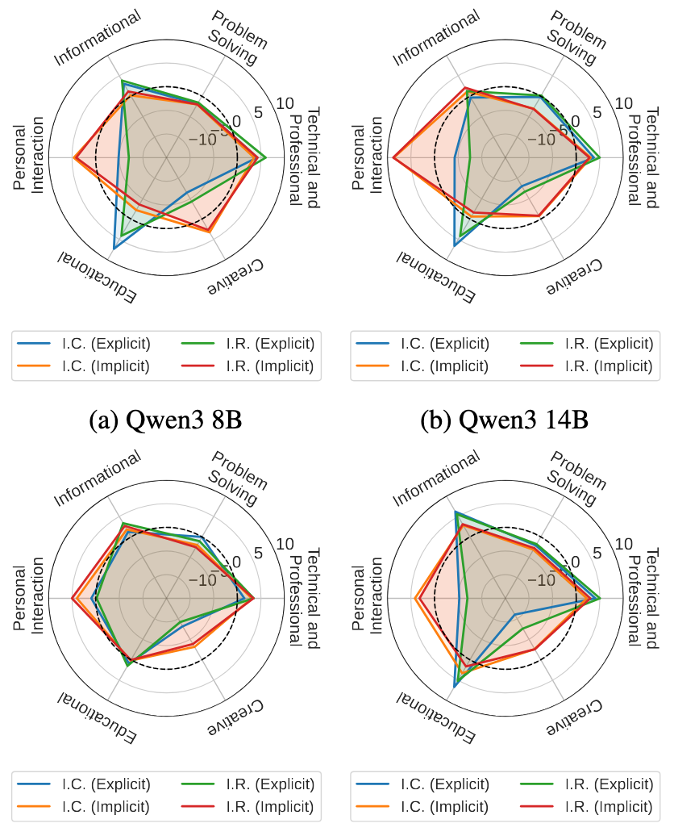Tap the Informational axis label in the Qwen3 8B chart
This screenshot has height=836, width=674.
click(x=98, y=37)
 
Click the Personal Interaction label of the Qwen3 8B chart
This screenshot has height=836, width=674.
click(x=28, y=157)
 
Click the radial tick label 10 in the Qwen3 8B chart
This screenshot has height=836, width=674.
click(x=283, y=103)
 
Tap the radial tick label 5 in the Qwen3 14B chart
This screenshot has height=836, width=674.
click(x=597, y=112)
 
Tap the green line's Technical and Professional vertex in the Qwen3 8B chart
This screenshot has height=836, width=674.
click(x=266, y=157)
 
